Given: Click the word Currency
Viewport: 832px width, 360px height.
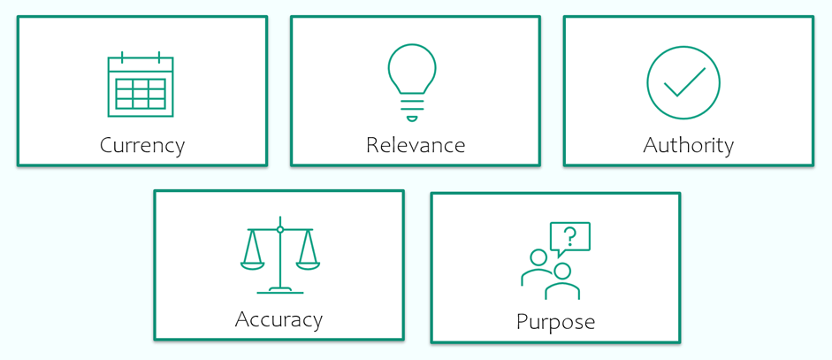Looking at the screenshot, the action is pyautogui.click(x=142, y=145).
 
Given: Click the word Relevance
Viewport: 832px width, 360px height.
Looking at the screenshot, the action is pyautogui.click(x=416, y=144).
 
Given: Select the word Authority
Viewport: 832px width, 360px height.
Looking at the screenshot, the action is pyautogui.click(x=688, y=145).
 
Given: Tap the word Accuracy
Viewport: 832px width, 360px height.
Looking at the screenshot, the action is pyautogui.click(x=279, y=319).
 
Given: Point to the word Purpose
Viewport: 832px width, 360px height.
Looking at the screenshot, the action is pyautogui.click(x=555, y=322).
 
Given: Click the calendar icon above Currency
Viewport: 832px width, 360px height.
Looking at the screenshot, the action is pyautogui.click(x=141, y=84).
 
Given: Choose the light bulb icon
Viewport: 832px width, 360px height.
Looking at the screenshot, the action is pyautogui.click(x=412, y=83).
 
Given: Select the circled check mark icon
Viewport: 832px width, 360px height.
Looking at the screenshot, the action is pyautogui.click(x=683, y=82).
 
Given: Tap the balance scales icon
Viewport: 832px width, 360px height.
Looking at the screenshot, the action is pyautogui.click(x=280, y=255).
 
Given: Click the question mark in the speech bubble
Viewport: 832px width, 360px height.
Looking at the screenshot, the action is pyautogui.click(x=570, y=236).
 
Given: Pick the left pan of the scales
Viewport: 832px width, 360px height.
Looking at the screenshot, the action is pyautogui.click(x=252, y=265).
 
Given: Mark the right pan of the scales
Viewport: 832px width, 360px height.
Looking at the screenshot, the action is pyautogui.click(x=308, y=265).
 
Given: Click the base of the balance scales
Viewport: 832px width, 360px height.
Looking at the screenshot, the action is pyautogui.click(x=280, y=290).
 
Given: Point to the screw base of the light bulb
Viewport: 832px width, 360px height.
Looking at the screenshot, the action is pyautogui.click(x=412, y=108).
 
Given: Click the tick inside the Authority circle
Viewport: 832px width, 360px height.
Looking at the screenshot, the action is pyautogui.click(x=684, y=82).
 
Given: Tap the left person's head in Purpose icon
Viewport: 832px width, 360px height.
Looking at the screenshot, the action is pyautogui.click(x=538, y=257).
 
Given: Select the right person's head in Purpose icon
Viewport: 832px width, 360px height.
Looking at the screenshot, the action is pyautogui.click(x=562, y=271).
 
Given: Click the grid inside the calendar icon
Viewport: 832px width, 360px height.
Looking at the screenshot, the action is pyautogui.click(x=141, y=94).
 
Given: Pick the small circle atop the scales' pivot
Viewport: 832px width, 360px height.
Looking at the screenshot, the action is pyautogui.click(x=280, y=229).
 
